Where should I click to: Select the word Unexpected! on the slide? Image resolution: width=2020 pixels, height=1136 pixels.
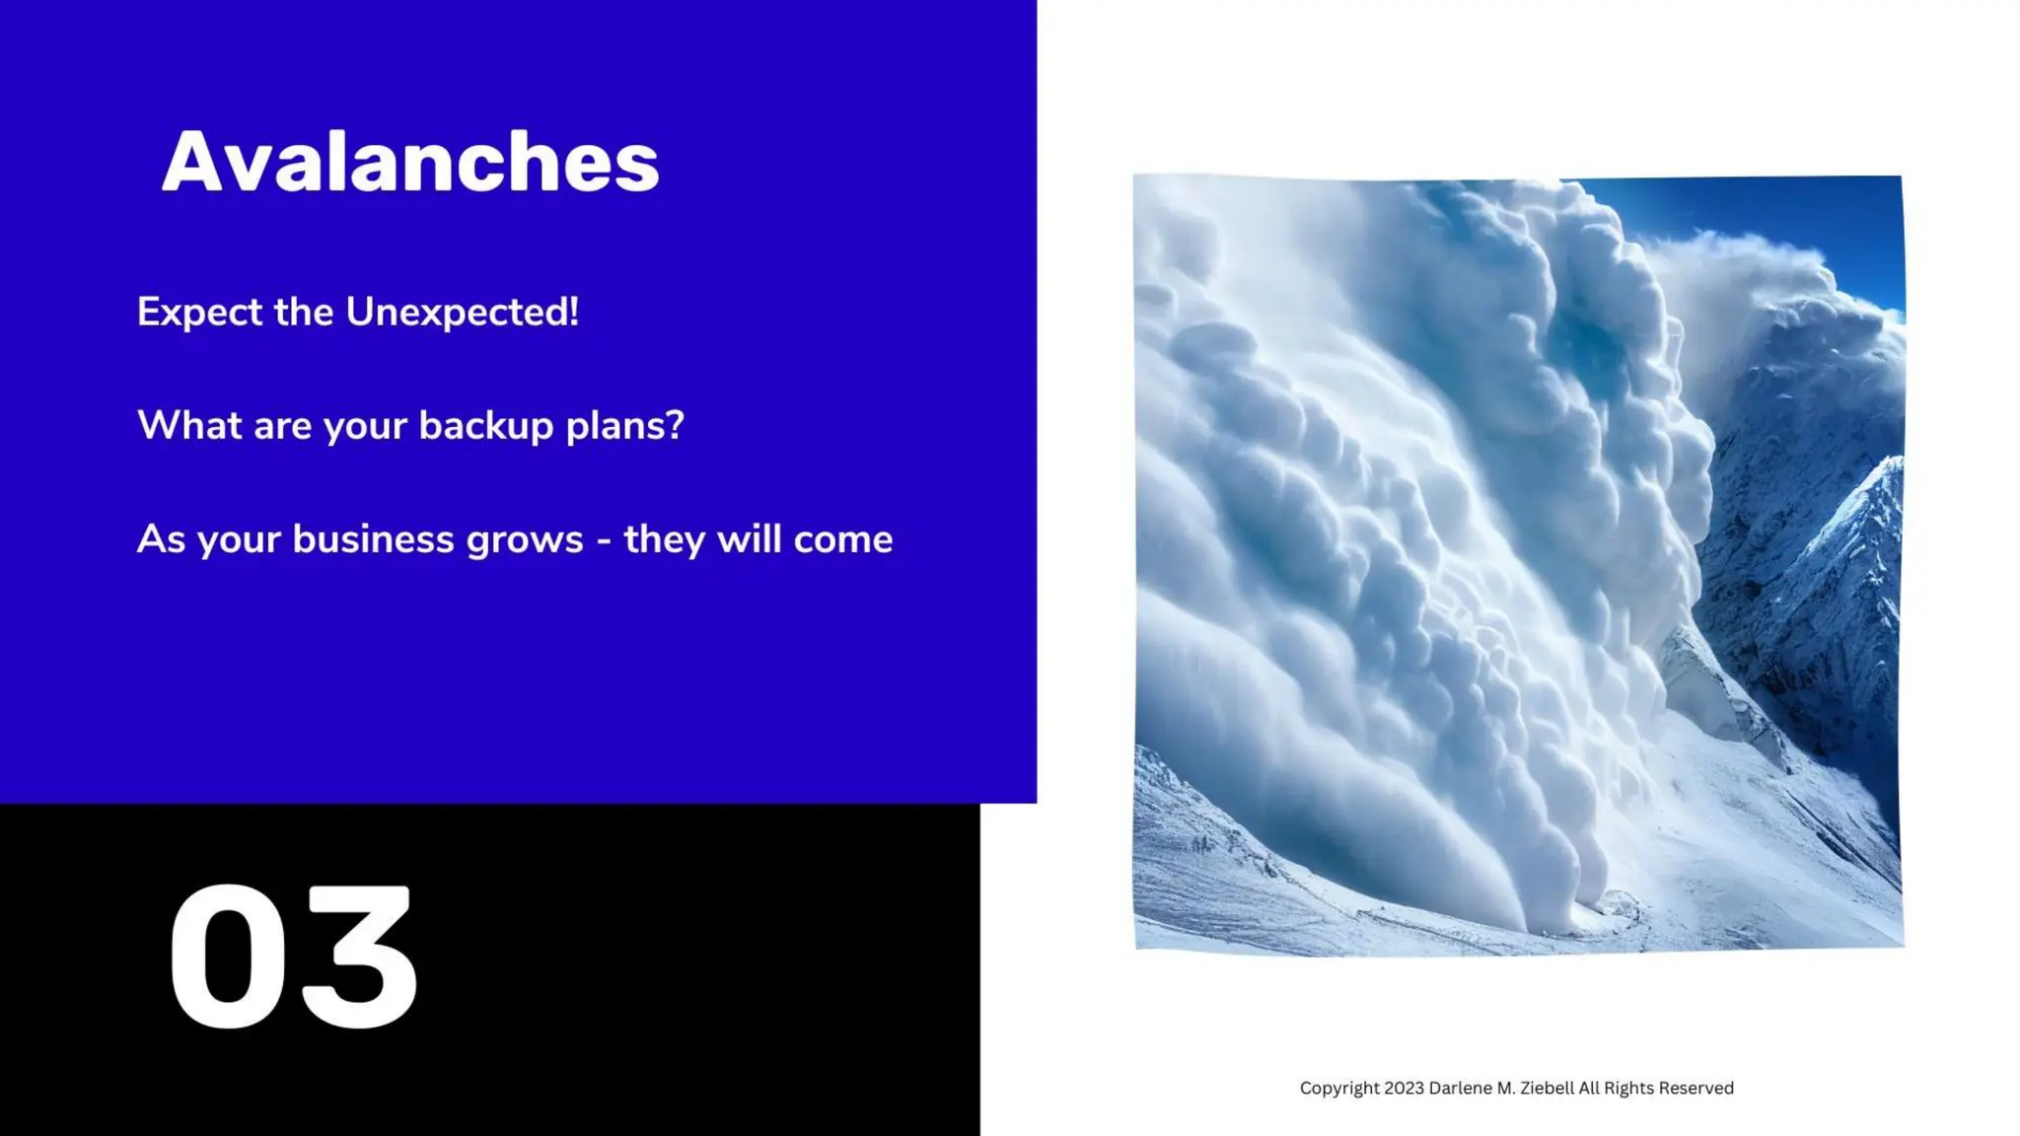[462, 313]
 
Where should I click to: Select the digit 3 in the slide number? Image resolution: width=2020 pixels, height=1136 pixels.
[360, 957]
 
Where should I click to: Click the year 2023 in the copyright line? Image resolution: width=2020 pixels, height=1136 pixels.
[1404, 1088]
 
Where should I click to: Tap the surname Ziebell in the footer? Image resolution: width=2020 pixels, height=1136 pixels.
[1547, 1088]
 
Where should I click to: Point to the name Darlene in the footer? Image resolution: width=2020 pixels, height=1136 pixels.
[1461, 1088]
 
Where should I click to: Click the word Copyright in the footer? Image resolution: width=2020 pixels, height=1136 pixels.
[1339, 1089]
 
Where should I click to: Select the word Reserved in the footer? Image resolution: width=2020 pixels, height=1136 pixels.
[1695, 1088]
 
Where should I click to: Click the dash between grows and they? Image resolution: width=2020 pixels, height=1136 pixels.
[604, 541]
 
